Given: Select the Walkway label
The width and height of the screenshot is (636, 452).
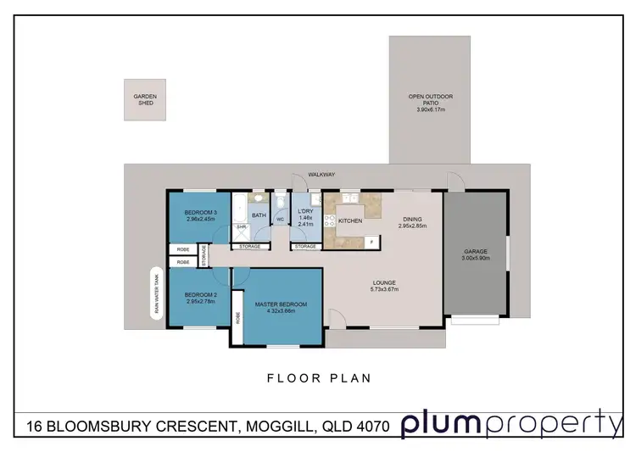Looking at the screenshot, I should click(x=321, y=174).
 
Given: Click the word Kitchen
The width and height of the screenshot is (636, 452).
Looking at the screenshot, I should click(x=350, y=220).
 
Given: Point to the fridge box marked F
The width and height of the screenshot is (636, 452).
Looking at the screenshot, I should click(x=371, y=243).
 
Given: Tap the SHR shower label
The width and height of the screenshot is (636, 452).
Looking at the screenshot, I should click(x=241, y=227).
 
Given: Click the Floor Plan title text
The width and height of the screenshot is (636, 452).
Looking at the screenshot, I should click(x=318, y=379).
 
